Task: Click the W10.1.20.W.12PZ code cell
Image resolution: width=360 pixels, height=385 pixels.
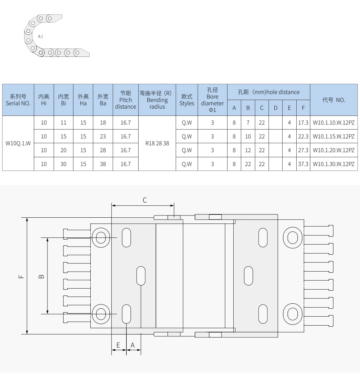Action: (x=333, y=150)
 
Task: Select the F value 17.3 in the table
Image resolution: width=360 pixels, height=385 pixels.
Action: (x=303, y=123)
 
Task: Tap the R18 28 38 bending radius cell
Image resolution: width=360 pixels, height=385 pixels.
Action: (x=157, y=144)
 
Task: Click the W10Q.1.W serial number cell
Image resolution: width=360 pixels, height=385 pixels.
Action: (x=18, y=144)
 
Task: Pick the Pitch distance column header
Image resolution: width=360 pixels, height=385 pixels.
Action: (x=126, y=100)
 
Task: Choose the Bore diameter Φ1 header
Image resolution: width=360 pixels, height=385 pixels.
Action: (x=212, y=100)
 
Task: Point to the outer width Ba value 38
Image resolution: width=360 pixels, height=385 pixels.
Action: (x=103, y=164)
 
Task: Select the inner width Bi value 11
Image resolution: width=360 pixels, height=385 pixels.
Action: (x=63, y=123)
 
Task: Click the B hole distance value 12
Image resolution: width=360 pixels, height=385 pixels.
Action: (x=248, y=150)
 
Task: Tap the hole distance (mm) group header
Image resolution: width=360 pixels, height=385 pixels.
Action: (x=269, y=92)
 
